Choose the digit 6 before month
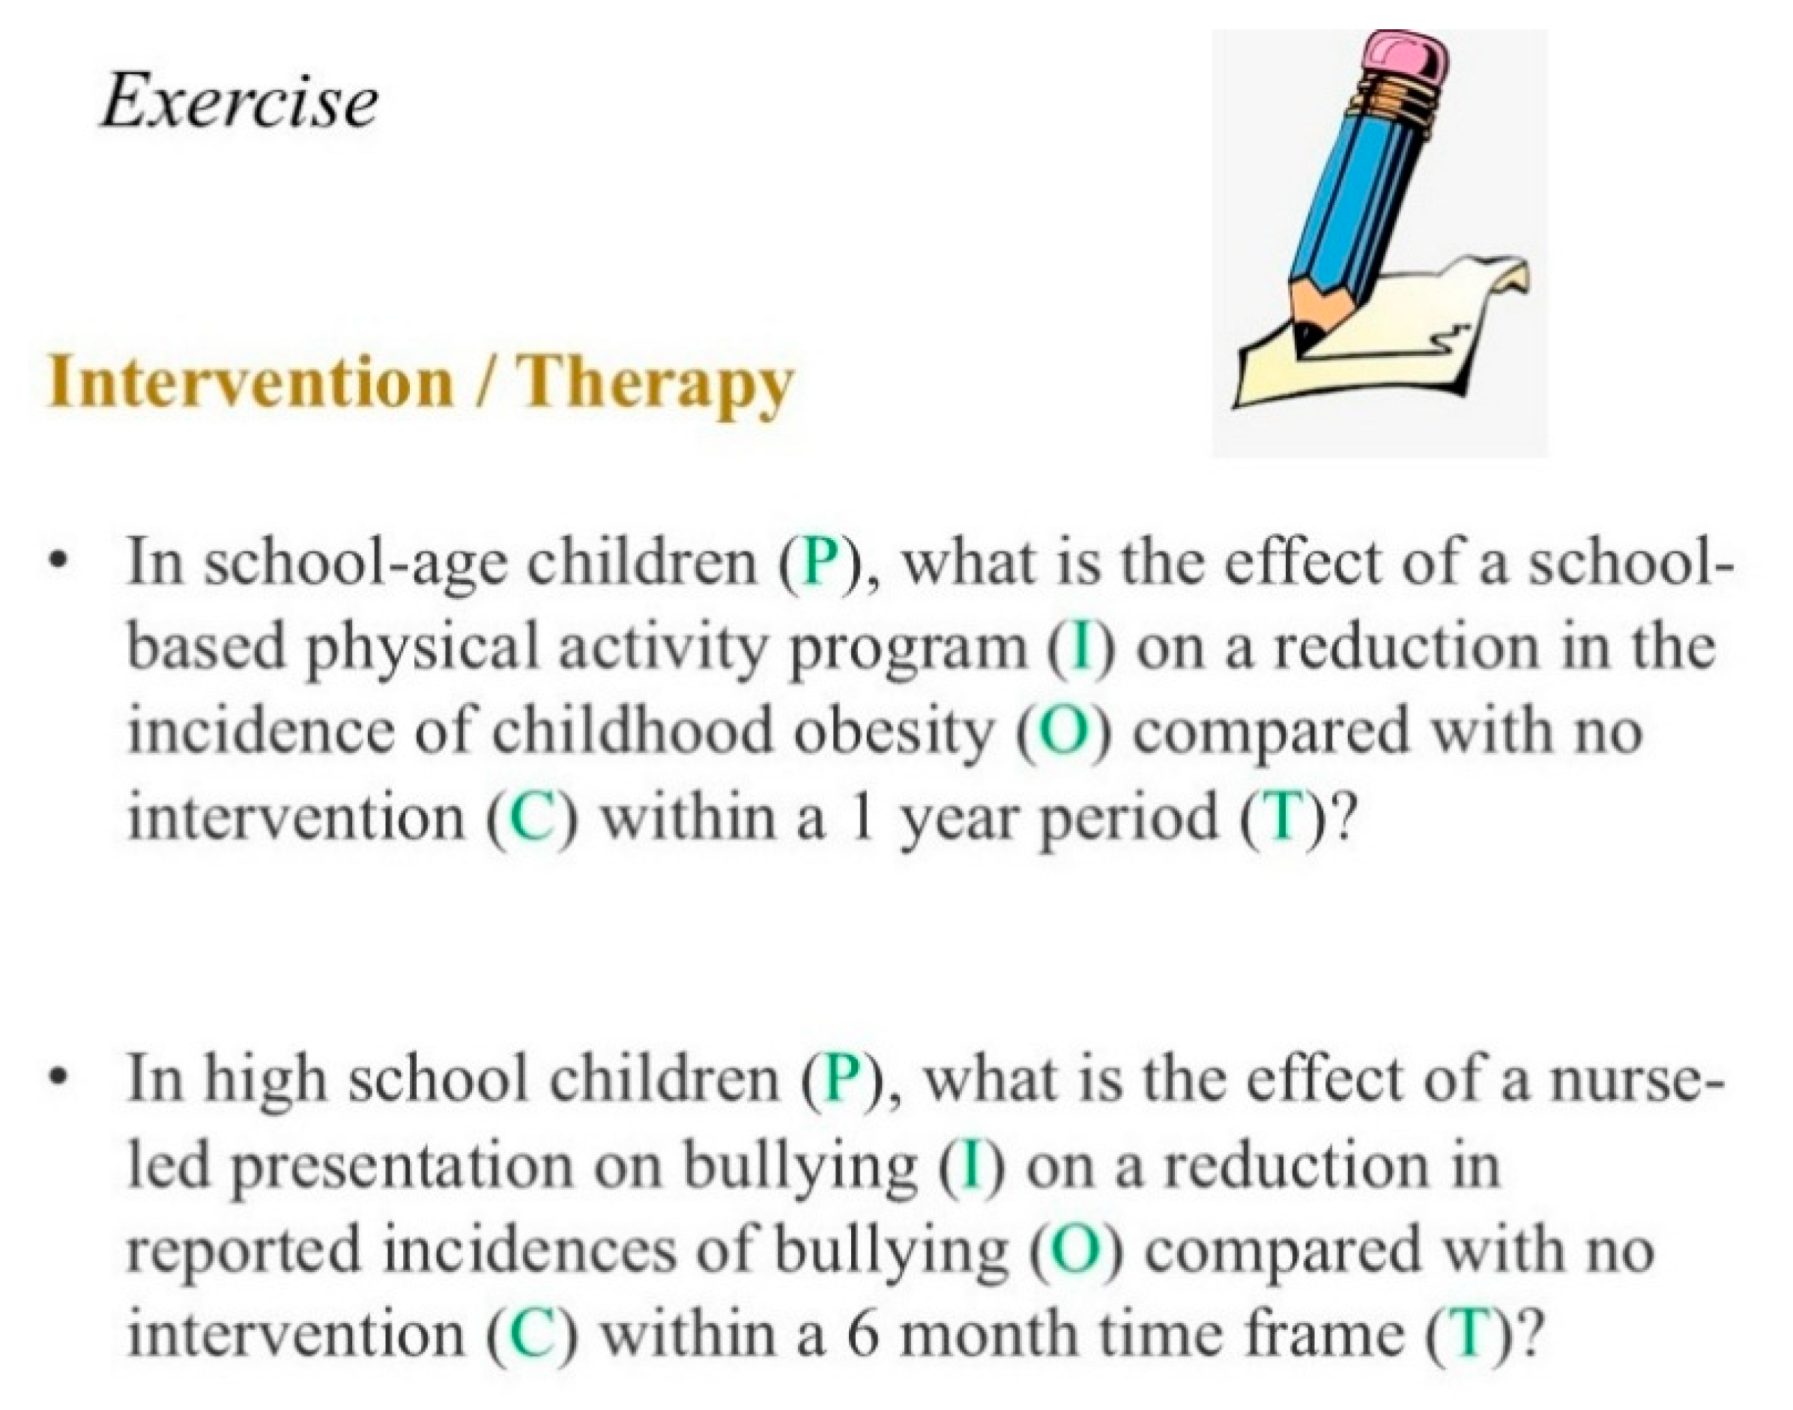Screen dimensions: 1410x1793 click(861, 1335)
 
